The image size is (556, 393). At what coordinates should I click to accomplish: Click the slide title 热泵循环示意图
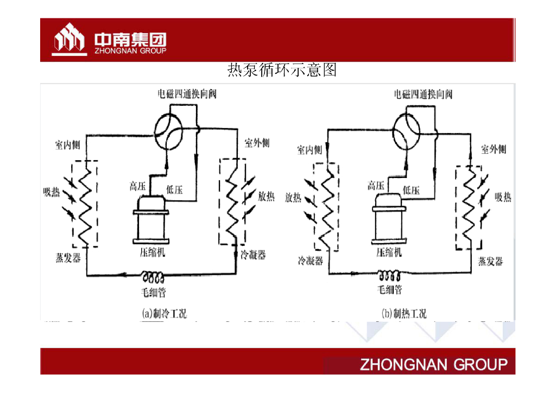[282, 70]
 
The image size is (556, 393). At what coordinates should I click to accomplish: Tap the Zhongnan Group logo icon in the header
[69, 39]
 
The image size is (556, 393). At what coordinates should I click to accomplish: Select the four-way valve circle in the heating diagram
[406, 132]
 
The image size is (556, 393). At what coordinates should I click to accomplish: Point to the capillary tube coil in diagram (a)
[154, 277]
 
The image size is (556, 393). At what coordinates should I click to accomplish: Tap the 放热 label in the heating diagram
[293, 198]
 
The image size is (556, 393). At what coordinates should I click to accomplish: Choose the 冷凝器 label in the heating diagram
[310, 261]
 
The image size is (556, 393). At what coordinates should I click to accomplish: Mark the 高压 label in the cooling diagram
[138, 186]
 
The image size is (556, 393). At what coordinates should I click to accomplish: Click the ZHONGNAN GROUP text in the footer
[433, 364]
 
